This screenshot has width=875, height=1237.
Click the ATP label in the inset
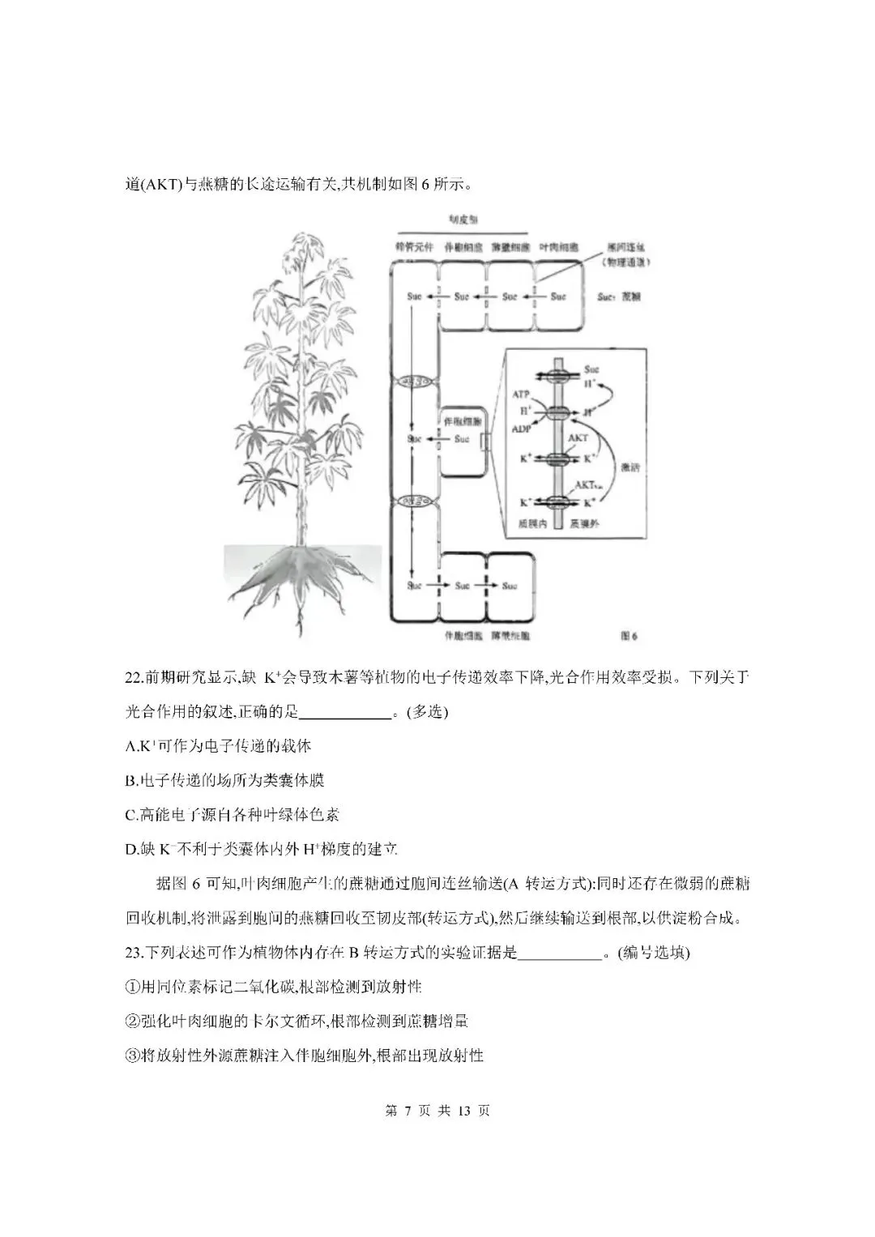click(x=522, y=394)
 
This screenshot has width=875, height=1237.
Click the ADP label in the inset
click(x=522, y=429)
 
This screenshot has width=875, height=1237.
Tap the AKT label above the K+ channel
click(x=578, y=437)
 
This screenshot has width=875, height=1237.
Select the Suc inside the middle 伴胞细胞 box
click(x=462, y=439)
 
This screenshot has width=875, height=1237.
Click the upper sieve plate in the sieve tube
click(x=414, y=382)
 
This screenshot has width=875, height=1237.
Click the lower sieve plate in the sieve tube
click(x=414, y=500)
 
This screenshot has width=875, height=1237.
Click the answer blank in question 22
click(x=345, y=713)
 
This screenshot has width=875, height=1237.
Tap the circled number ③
click(x=132, y=1056)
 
